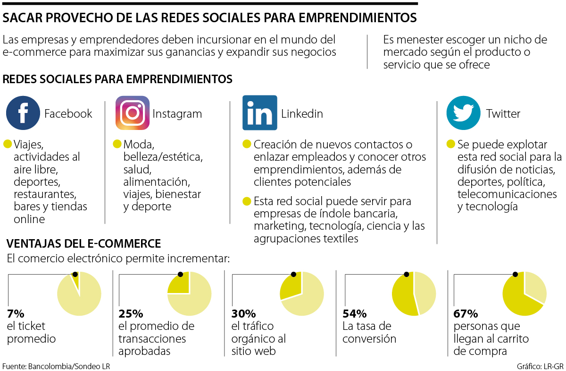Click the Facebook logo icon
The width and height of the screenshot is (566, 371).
pos(23,113)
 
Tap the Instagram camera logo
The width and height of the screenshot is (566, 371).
pos(133,113)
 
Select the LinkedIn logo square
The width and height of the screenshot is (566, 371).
pos(259,113)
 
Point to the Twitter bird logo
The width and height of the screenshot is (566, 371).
pos(463,113)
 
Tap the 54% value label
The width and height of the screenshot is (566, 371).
pos(354,314)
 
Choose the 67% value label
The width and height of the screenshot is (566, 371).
pos(466,314)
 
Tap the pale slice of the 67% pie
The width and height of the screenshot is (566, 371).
pos(534,286)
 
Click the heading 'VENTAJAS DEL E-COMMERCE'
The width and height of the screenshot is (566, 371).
pos(84,244)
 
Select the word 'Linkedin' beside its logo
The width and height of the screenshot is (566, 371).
pos(302,113)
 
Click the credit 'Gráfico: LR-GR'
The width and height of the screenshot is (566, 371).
pos(540,366)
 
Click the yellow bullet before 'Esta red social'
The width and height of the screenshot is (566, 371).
pos(246,201)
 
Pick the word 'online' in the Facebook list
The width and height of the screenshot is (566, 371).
pos(29,219)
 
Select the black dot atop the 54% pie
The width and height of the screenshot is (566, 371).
pos(407,274)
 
